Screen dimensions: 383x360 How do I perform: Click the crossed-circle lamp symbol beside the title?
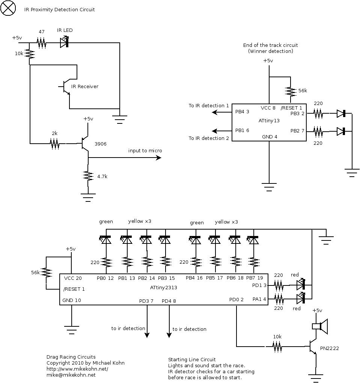9,9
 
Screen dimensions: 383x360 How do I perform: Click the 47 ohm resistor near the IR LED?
41,44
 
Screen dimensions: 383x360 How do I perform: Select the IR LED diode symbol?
64,44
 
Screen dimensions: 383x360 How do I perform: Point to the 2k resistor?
55,143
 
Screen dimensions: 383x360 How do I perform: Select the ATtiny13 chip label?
269,121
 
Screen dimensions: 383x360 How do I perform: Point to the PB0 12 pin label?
105,278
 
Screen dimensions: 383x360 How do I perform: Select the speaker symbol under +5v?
320,326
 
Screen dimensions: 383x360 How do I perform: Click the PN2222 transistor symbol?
313,348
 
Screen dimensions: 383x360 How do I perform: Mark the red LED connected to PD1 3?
301,285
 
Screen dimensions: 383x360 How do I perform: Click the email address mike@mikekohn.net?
71,375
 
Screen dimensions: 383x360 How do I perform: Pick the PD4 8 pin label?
169,301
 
